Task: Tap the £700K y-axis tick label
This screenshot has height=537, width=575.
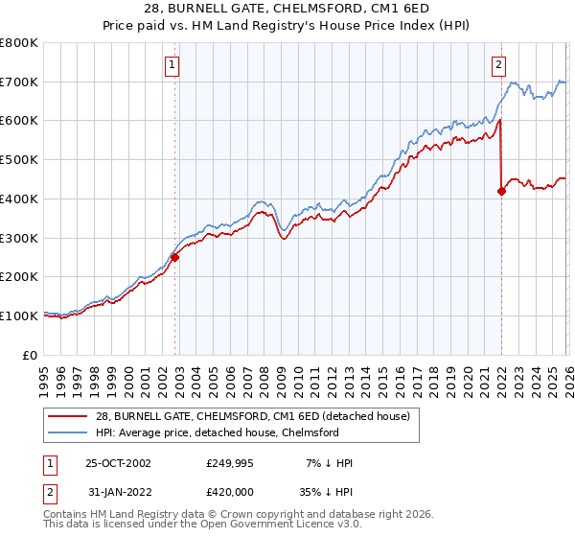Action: click(x=19, y=82)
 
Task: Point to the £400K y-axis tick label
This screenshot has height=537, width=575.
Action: click(x=19, y=198)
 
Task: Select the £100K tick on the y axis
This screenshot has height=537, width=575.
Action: click(x=19, y=315)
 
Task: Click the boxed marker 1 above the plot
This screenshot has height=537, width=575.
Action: click(x=172, y=65)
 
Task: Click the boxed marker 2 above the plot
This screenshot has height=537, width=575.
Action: click(x=499, y=65)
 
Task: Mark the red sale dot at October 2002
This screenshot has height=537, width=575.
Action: click(x=175, y=257)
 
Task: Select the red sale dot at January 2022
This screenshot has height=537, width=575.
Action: click(x=501, y=191)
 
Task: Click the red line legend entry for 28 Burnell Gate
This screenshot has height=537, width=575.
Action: click(x=253, y=415)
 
